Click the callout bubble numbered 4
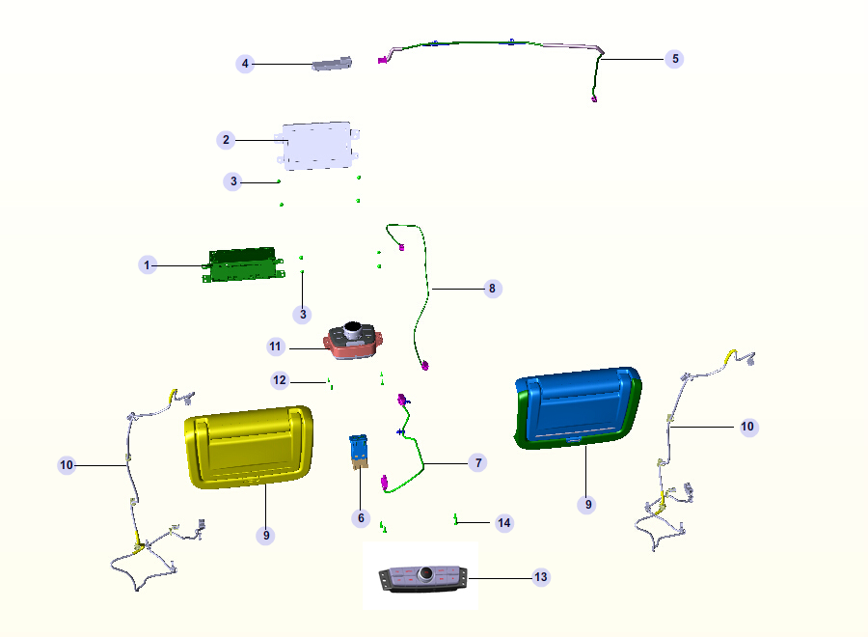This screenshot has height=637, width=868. [x=245, y=64]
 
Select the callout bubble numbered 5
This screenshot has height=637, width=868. [x=675, y=59]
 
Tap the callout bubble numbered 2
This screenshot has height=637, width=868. [x=226, y=140]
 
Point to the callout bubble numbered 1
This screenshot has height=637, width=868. [x=148, y=264]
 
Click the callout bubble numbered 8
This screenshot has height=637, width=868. [x=493, y=288]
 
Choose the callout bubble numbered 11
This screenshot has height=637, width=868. [x=276, y=346]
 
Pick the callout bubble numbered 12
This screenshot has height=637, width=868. [x=280, y=380]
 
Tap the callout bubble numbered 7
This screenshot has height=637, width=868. [x=476, y=463]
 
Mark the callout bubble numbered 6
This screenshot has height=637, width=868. [x=361, y=518]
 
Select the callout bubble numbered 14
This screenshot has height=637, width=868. [x=503, y=523]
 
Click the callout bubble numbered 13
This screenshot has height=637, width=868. [x=541, y=577]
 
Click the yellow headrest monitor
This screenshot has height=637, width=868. [x=249, y=446]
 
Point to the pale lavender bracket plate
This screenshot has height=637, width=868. [x=316, y=146]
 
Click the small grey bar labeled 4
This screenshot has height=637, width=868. [x=331, y=65]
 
